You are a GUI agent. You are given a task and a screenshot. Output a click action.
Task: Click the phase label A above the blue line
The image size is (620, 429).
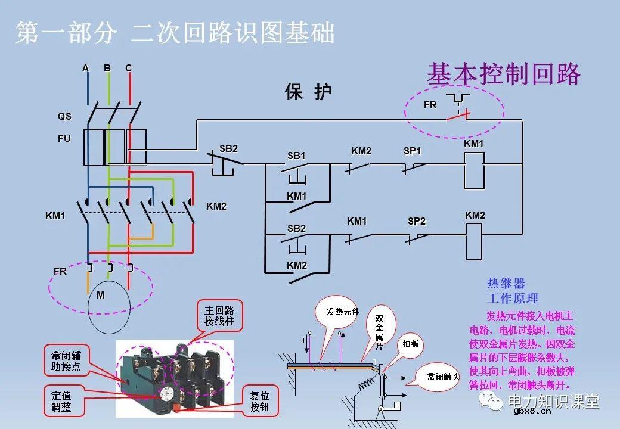(85, 69)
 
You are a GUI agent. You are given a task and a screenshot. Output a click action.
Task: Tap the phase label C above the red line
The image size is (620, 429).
(128, 69)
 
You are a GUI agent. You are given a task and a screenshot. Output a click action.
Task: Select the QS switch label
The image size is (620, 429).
(64, 117)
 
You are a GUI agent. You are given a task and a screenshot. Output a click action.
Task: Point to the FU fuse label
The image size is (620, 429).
(64, 138)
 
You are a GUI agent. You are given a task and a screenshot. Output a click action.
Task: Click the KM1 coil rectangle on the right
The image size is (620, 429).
(474, 166)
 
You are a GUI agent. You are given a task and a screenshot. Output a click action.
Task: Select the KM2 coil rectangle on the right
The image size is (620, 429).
(474, 241)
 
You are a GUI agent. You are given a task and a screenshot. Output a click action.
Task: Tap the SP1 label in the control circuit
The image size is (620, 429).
(412, 151)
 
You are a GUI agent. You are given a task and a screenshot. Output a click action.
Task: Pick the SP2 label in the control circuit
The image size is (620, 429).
(417, 222)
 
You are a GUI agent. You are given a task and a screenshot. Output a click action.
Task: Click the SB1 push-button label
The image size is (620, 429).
(296, 156)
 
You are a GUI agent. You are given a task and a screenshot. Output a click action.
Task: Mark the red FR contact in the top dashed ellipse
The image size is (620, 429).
(457, 116)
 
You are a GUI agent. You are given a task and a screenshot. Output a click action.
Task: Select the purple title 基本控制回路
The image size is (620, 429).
(504, 74)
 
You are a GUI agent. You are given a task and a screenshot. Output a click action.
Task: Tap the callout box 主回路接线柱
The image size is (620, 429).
(219, 316)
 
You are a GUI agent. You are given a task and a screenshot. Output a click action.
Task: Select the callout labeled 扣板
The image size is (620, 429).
(410, 344)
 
